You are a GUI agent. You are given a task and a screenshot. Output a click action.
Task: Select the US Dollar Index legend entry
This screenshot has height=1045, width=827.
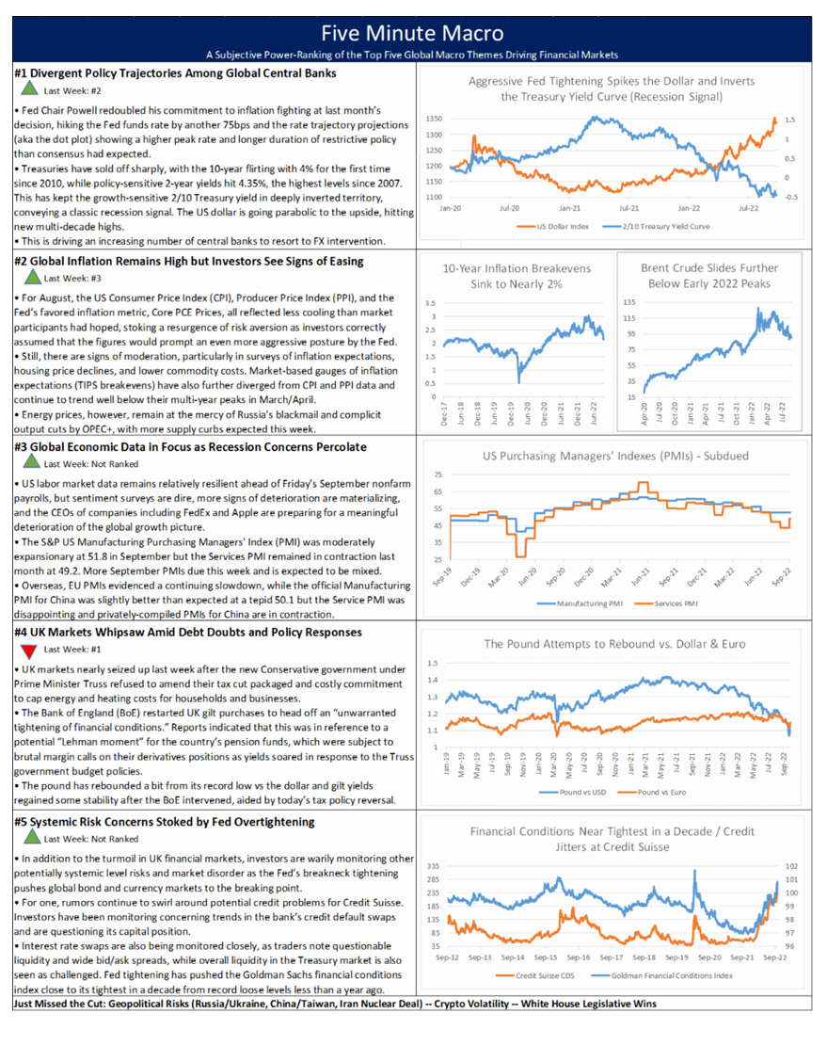click(563, 227)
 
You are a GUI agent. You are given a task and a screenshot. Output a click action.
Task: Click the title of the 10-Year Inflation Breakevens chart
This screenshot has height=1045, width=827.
click(517, 275)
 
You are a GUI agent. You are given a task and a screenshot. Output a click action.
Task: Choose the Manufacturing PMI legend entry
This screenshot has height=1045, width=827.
click(588, 603)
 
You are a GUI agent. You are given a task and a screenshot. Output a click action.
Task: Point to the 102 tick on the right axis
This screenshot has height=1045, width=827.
click(789, 865)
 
